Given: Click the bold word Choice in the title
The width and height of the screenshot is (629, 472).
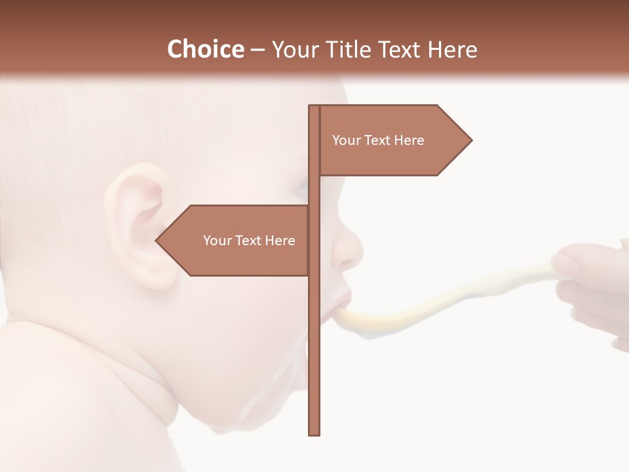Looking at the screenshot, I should point(205,49).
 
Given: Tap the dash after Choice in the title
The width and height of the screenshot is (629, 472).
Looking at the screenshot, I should point(257,50).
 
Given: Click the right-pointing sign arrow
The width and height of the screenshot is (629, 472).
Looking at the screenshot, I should point(393,140).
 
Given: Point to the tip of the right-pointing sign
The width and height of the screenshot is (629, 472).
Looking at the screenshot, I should point(471,140).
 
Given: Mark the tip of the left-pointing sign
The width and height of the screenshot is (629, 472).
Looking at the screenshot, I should point(157,241).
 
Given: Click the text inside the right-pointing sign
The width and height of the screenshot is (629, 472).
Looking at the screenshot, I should point(378,140).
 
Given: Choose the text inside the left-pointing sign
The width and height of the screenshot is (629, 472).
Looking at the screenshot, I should point(249,241).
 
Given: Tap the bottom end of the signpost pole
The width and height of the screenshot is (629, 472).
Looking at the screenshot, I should point(314,433).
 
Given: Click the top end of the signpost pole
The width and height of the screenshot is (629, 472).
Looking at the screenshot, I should point(314,108).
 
